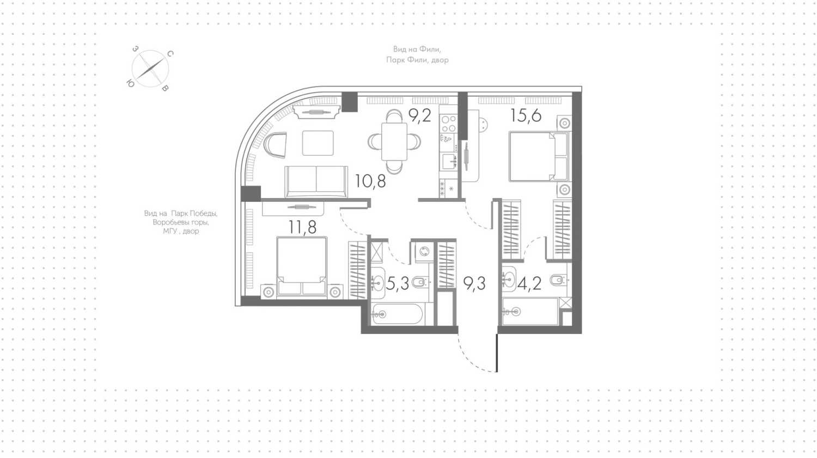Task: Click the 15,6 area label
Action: [x=526, y=116]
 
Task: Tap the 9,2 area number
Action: [x=420, y=115]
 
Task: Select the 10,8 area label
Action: [x=370, y=181]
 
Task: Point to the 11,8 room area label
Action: [x=302, y=227]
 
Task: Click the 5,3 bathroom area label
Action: [x=397, y=283]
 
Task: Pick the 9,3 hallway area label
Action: [x=474, y=283]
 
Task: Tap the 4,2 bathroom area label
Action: [x=529, y=283]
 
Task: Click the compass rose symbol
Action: [x=150, y=69]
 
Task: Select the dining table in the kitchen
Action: [x=394, y=142]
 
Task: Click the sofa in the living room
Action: [x=316, y=182]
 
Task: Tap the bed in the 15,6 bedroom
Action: [x=539, y=157]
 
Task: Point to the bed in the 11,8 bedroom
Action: [x=302, y=266]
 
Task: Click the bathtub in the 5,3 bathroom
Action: [x=397, y=314]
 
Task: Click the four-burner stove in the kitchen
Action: [x=448, y=123]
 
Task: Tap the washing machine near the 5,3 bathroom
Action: [x=424, y=251]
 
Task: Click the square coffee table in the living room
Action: [x=318, y=143]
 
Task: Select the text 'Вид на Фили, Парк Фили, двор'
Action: [x=417, y=54]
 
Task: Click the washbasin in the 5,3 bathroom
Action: [x=377, y=282]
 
